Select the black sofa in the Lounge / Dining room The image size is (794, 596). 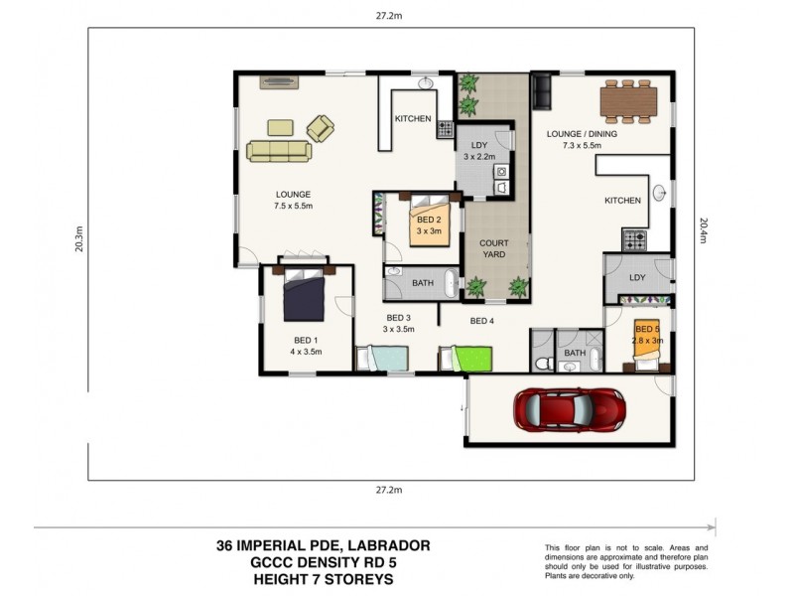542,91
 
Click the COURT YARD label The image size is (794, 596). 493,248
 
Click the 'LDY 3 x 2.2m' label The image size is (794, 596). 479,150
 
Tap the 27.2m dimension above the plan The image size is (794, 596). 389,14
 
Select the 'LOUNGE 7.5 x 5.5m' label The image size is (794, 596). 294,201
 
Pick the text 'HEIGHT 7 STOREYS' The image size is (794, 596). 324,579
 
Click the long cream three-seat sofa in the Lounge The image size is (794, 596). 279,151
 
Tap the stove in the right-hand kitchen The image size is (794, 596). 634,239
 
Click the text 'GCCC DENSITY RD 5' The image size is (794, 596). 324,562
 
